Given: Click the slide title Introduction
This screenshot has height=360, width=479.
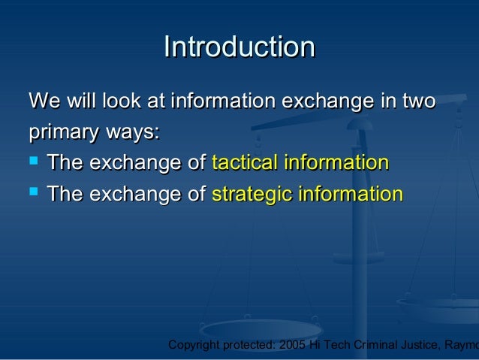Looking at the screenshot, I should [x=239, y=47].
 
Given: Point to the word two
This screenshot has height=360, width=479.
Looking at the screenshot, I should [x=418, y=101].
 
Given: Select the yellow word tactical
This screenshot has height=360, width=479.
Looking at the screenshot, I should [x=243, y=163].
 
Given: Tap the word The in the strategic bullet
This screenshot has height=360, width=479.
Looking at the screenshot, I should [x=65, y=195].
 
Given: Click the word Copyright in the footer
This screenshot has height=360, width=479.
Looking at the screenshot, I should [x=194, y=345].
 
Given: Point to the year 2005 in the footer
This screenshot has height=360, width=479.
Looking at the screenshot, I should [x=291, y=345].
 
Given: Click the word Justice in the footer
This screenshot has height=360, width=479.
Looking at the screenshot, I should [x=414, y=345].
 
